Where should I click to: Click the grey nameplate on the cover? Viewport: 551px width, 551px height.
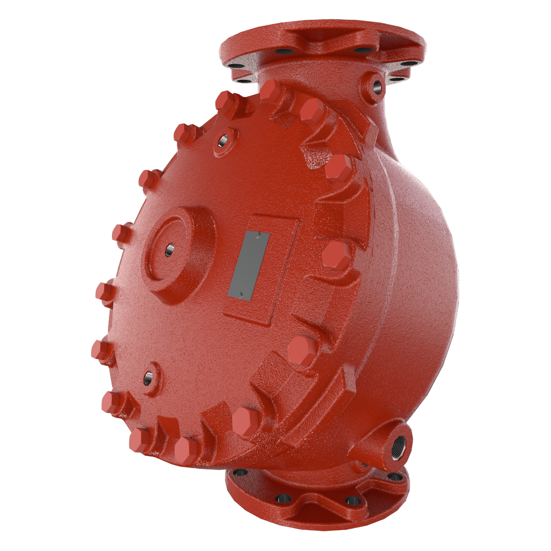click(250, 264)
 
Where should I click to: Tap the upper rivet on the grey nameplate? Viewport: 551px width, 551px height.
click(259, 234)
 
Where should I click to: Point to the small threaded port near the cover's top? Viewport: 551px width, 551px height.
click(223, 141)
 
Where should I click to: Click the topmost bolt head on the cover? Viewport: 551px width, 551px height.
click(271, 90)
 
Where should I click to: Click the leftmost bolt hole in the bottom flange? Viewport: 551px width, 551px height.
click(238, 472)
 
